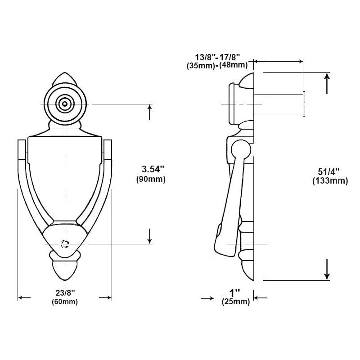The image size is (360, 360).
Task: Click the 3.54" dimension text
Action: tap(153, 170)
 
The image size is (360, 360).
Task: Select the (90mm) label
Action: tap(151, 179)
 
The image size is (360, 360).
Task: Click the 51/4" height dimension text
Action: tap(328, 172)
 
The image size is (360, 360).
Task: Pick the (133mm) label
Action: tap(330, 181)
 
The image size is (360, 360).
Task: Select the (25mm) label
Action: tap(235, 302)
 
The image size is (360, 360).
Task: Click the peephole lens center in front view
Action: tap(66, 104)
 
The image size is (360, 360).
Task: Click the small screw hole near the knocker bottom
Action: tap(65, 244)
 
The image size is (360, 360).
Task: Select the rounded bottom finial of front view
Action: tap(65, 270)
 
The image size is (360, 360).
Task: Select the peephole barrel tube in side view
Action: tap(279, 104)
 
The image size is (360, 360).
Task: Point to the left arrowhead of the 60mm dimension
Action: tap(21, 297)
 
